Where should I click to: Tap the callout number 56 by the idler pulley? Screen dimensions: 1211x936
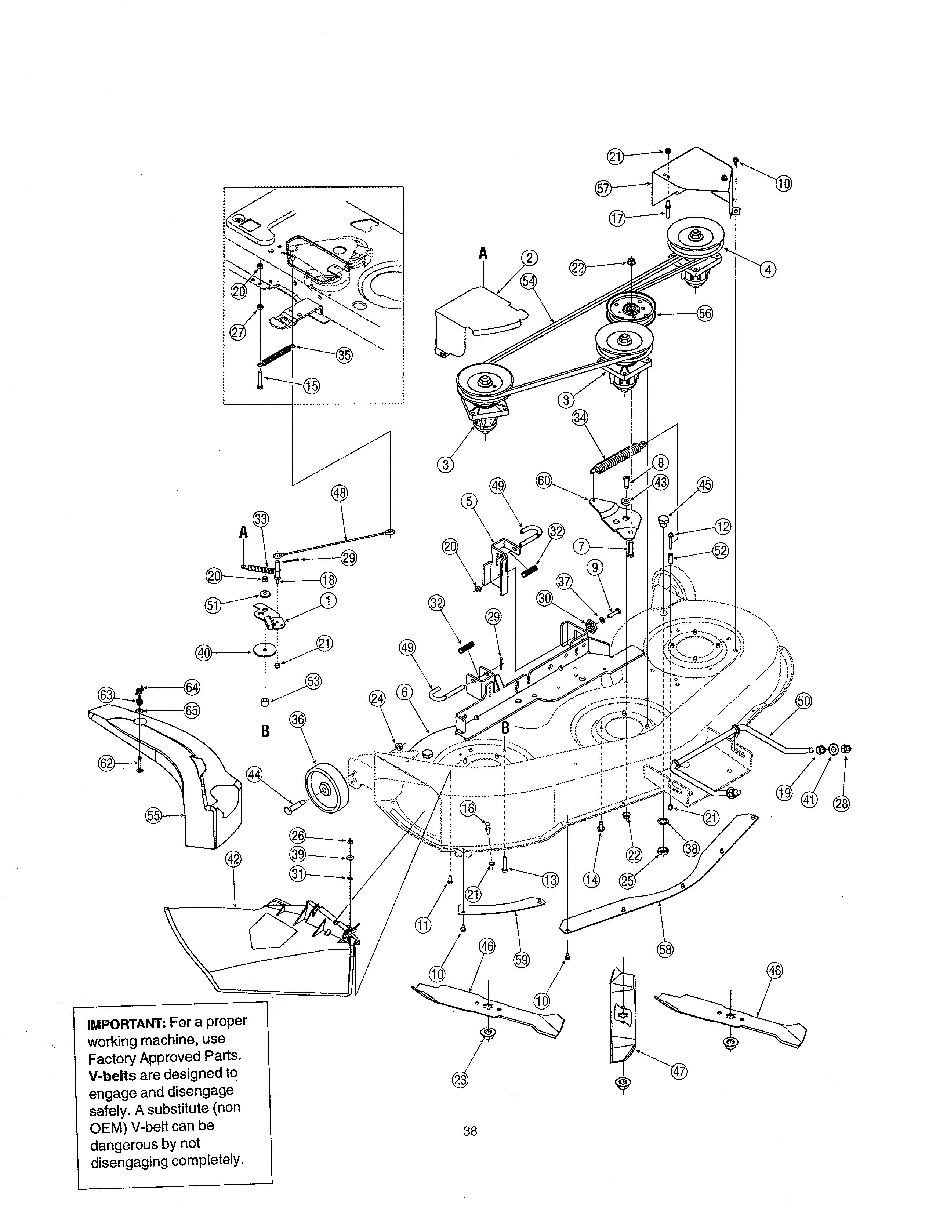705,313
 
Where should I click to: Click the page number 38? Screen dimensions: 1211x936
470,1131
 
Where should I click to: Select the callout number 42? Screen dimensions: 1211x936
233,859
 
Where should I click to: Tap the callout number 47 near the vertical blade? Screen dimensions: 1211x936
679,1072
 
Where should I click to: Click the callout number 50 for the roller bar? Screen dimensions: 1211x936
803,701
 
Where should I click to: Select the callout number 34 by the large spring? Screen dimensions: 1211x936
580,418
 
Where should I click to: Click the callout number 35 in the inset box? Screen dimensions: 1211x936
344,355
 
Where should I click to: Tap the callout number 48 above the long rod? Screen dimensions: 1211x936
340,492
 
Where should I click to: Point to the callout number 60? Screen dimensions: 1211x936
544,480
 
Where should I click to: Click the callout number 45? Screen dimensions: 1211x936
704,485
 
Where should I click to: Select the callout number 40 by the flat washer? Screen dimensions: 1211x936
204,653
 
